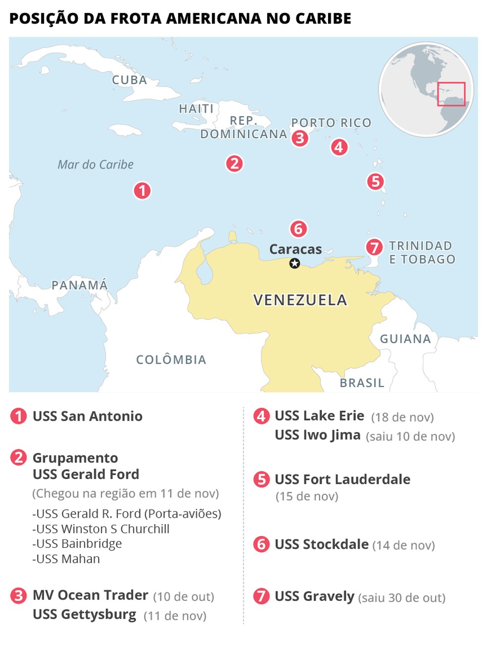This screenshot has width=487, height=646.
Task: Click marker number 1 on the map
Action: (x=142, y=190)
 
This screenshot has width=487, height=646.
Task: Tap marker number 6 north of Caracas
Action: (x=298, y=229)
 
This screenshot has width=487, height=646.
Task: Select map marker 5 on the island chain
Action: (x=375, y=181)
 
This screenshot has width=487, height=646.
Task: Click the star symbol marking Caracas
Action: (x=294, y=264)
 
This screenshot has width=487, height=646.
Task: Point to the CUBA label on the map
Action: (x=129, y=80)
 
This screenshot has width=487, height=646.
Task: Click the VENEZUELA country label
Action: (x=300, y=300)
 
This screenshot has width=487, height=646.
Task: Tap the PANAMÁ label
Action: (x=80, y=285)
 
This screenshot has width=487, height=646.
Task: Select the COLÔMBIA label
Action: (x=171, y=360)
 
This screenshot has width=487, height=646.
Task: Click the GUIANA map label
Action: (x=405, y=339)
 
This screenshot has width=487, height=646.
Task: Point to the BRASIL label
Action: (x=362, y=383)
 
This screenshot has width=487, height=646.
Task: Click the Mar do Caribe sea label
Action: (x=96, y=164)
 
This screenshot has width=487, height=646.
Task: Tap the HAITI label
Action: (x=196, y=108)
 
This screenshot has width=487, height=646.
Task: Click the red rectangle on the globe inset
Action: (x=451, y=94)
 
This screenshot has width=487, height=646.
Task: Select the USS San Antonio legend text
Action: (x=88, y=416)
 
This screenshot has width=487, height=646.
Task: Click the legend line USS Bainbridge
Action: (x=77, y=543)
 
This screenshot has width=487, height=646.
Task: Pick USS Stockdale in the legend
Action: (x=322, y=544)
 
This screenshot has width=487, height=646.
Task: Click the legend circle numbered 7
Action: (x=261, y=596)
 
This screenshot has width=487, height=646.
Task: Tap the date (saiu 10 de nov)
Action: (x=410, y=436)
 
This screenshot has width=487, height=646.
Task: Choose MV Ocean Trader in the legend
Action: (x=90, y=595)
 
